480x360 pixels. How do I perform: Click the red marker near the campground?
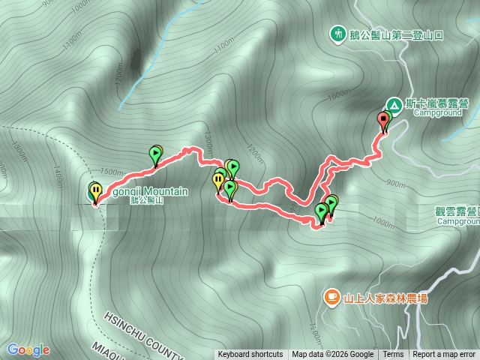click(385, 121)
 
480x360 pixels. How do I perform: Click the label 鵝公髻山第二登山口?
click(397, 34)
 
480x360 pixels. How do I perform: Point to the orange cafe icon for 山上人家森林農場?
click(331, 298)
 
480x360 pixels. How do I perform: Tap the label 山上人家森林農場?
click(385, 298)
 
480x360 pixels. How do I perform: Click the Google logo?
click(28, 349)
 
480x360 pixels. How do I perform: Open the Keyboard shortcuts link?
click(250, 355)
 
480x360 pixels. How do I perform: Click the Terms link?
click(393, 355)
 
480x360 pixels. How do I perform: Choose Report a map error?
click(444, 355)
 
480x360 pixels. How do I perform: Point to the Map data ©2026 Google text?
click(333, 355)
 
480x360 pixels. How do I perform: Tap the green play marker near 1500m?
click(155, 154)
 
